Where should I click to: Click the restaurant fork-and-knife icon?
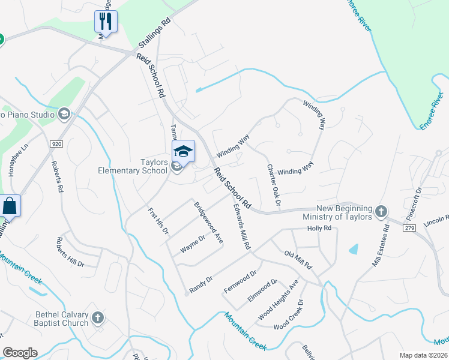click(x=106, y=22)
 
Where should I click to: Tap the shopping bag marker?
click(x=10, y=206)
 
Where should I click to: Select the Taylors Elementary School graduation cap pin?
click(x=184, y=152)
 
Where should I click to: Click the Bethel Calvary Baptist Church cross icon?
click(x=98, y=316)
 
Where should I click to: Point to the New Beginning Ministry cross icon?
click(x=381, y=212)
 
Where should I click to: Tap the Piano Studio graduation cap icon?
click(x=64, y=113)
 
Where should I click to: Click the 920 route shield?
click(x=56, y=144)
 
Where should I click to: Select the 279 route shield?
click(x=410, y=228)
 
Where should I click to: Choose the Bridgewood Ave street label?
click(x=208, y=222)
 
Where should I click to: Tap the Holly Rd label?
click(x=319, y=229)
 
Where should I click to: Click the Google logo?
click(x=20, y=353)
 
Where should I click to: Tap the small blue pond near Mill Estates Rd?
click(x=354, y=248)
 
